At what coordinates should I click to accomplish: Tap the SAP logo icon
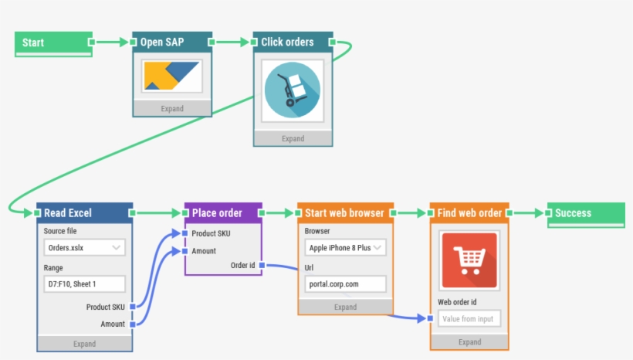(x=172, y=76)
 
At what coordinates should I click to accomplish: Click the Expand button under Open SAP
(x=172, y=108)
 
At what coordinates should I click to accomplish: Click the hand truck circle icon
(x=293, y=90)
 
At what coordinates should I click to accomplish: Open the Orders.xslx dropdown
(x=84, y=248)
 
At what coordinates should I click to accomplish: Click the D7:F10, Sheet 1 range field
(x=84, y=284)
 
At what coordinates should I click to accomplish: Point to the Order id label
(x=242, y=266)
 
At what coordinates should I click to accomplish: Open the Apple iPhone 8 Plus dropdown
(x=345, y=248)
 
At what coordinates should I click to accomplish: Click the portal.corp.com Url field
(x=345, y=284)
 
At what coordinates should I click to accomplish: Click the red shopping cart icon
(x=469, y=260)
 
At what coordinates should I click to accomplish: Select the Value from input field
(x=469, y=318)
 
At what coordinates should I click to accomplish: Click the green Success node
(x=586, y=214)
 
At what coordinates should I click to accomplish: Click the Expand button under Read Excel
(x=84, y=344)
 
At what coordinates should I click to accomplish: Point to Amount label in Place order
(x=204, y=251)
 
